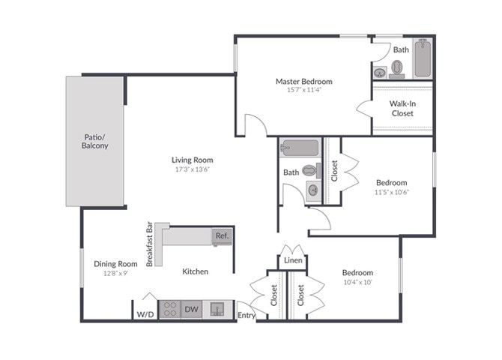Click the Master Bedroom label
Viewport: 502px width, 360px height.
[x=303, y=82]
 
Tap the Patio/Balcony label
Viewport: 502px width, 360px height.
[x=95, y=141]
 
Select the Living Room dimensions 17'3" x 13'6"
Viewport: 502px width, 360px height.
[x=192, y=169]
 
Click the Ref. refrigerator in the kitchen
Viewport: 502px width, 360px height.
[x=222, y=235]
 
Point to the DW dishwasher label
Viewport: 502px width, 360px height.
[x=191, y=309]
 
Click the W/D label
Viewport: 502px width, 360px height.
[x=145, y=314]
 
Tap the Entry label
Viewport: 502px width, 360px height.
[x=246, y=316]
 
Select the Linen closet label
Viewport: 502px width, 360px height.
[x=293, y=260]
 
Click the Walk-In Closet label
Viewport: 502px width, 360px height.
[x=402, y=108]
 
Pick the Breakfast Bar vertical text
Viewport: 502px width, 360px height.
[x=150, y=244]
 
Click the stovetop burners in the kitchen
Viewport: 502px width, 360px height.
[x=169, y=309]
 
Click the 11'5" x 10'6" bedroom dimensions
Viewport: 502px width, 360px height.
[x=391, y=192]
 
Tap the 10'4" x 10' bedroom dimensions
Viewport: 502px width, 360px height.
[x=357, y=282]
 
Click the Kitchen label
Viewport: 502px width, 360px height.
[x=196, y=271]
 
